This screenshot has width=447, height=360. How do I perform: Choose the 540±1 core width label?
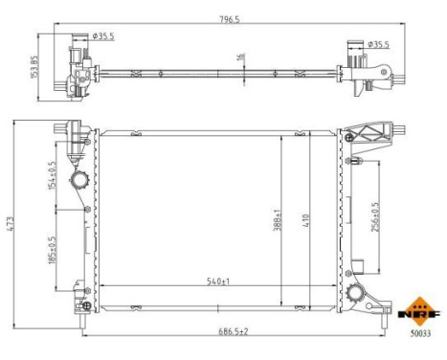tap(219, 281)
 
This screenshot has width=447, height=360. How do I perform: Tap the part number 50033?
tap(421, 334)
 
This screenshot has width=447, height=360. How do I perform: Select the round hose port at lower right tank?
tap(356, 294)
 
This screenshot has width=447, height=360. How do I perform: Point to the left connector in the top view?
tap(76, 64)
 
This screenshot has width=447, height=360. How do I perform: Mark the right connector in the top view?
tap(369, 74)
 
